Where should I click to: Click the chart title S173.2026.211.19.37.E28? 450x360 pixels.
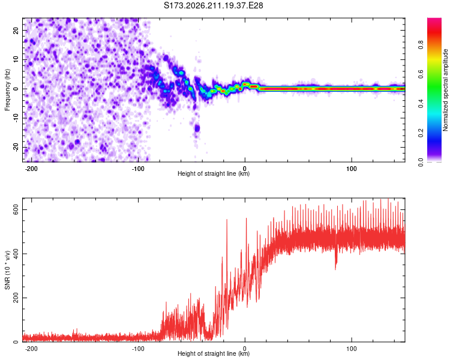[x=213, y=5]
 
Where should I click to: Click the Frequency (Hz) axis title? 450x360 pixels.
[x=7, y=90]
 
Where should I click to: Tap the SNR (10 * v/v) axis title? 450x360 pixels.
[x=7, y=270]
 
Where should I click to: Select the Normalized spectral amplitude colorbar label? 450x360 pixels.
[x=445, y=90]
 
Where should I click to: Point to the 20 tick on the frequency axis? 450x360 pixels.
[x=16, y=30]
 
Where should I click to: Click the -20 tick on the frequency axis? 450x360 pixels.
[x=16, y=148]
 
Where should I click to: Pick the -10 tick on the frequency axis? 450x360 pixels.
[x=16, y=118]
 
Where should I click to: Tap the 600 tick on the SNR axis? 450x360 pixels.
[x=16, y=210]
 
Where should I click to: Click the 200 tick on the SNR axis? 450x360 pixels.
[x=16, y=298]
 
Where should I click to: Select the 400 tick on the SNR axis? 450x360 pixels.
[x=16, y=254]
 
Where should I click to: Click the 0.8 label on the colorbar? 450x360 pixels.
[x=421, y=45]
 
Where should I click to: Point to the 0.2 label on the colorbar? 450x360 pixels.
[x=421, y=133]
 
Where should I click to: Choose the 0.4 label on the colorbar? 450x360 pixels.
[x=421, y=104]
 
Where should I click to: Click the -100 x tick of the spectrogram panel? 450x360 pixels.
[x=138, y=169]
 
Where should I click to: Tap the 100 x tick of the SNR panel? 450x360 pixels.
[x=351, y=349]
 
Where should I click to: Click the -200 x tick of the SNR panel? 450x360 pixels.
[x=31, y=349]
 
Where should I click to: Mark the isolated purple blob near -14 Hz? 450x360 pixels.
[x=197, y=128]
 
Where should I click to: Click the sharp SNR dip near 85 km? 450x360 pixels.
[x=336, y=264]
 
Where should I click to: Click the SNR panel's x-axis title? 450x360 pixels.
[x=214, y=353]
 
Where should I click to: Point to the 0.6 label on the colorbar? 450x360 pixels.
[x=421, y=74]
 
